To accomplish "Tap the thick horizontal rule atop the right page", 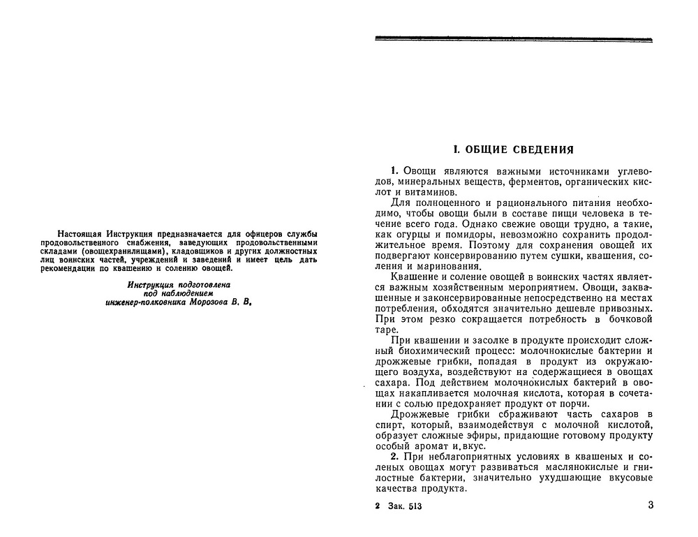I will [x=514, y=39].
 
